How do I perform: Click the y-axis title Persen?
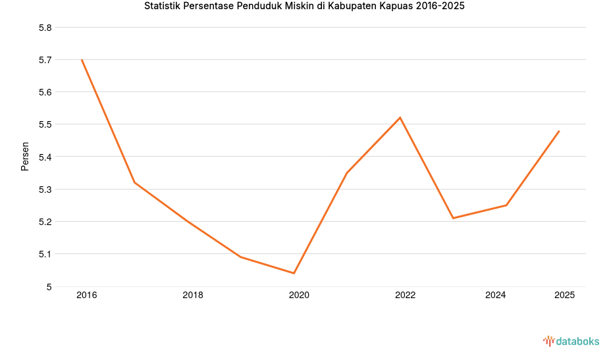(x=25, y=156)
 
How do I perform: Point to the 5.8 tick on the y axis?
(x=45, y=28)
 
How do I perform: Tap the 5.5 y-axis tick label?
(x=45, y=124)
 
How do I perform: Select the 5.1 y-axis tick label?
(x=45, y=254)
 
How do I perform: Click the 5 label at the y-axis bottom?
(x=49, y=286)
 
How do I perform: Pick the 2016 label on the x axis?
(x=86, y=296)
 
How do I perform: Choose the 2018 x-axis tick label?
(x=193, y=296)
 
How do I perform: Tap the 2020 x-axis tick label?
(x=299, y=296)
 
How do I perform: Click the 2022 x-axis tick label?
(x=405, y=296)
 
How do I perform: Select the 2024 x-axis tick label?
(x=495, y=296)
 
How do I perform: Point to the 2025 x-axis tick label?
(x=564, y=296)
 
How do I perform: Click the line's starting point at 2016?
(x=82, y=60)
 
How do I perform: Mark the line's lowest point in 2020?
(x=294, y=273)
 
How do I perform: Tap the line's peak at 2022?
(x=400, y=118)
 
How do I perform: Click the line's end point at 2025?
(x=559, y=131)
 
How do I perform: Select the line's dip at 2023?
(x=453, y=218)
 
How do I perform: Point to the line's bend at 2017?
(x=134, y=182)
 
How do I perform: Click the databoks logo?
(x=571, y=341)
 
